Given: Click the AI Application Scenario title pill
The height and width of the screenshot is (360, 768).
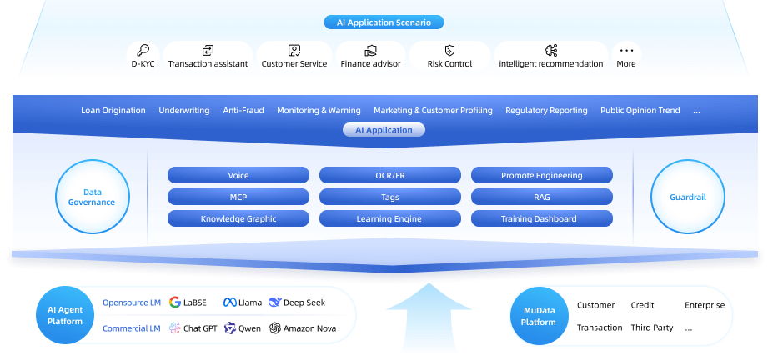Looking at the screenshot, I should tap(384, 22).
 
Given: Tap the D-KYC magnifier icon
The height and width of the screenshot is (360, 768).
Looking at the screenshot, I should tap(143, 50).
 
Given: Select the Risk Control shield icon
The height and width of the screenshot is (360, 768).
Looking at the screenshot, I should tap(449, 50).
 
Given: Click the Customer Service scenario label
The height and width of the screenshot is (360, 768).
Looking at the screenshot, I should tap(294, 64).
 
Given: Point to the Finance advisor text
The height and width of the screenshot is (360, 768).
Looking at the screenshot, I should tap(370, 64).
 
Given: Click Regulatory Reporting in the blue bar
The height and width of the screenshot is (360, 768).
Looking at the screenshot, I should tap(546, 111).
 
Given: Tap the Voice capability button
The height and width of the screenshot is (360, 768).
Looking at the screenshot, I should tap(238, 176).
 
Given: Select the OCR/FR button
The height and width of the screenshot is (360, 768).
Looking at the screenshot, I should tap(389, 176).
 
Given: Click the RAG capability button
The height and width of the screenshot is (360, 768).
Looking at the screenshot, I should tap(541, 197).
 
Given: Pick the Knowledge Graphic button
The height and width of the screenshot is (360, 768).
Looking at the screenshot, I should tap(238, 219).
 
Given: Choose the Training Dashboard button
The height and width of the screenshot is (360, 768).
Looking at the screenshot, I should tap(541, 219).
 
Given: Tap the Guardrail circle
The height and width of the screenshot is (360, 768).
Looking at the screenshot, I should tap(687, 197).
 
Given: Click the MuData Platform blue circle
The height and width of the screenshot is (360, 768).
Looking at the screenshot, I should tap(539, 315).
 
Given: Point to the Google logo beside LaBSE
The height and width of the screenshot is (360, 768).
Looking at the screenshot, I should tap(175, 302).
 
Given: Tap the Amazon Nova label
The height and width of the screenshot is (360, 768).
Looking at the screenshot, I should tap(309, 328).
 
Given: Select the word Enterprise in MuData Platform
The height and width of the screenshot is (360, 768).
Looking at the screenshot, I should tap(705, 305).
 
